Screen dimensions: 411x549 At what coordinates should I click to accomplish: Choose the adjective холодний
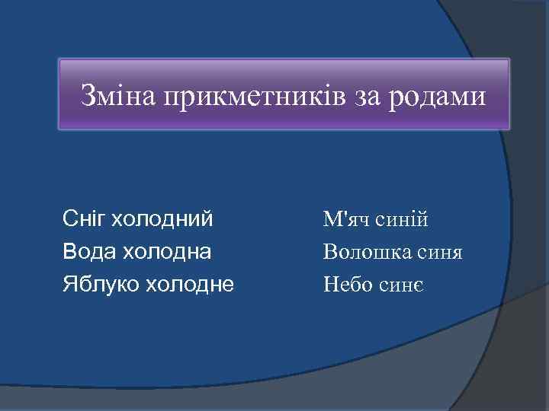pos(162,220)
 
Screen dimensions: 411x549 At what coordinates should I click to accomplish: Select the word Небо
pos(347,285)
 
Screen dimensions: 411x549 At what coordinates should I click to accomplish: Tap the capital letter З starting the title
pos(88,97)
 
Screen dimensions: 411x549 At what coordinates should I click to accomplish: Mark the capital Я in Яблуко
pos(69,285)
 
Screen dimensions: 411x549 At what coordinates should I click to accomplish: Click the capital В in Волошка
pos(329,252)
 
